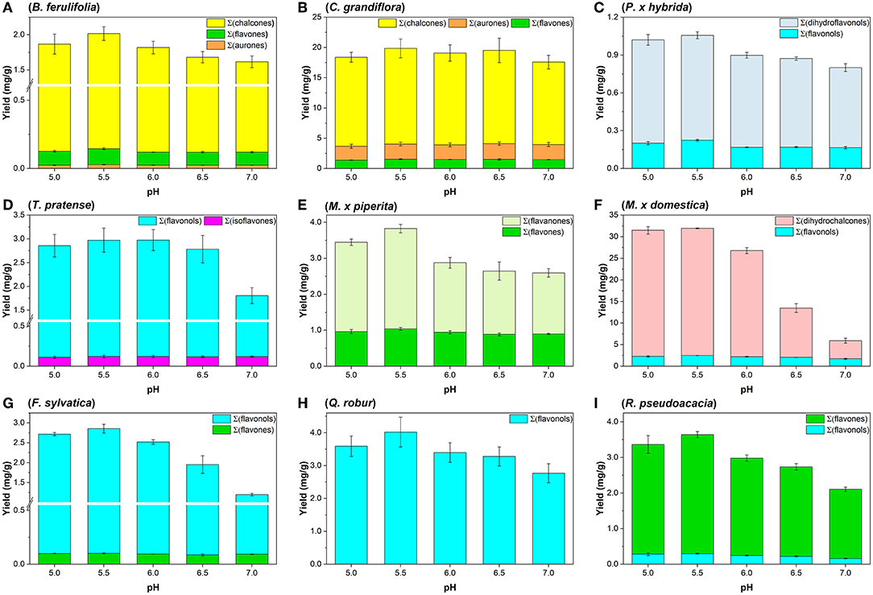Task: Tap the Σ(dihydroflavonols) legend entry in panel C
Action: (829, 23)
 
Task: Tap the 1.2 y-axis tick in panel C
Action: (612, 17)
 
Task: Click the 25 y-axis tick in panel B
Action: (316, 17)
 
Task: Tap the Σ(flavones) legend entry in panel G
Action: (243, 430)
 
